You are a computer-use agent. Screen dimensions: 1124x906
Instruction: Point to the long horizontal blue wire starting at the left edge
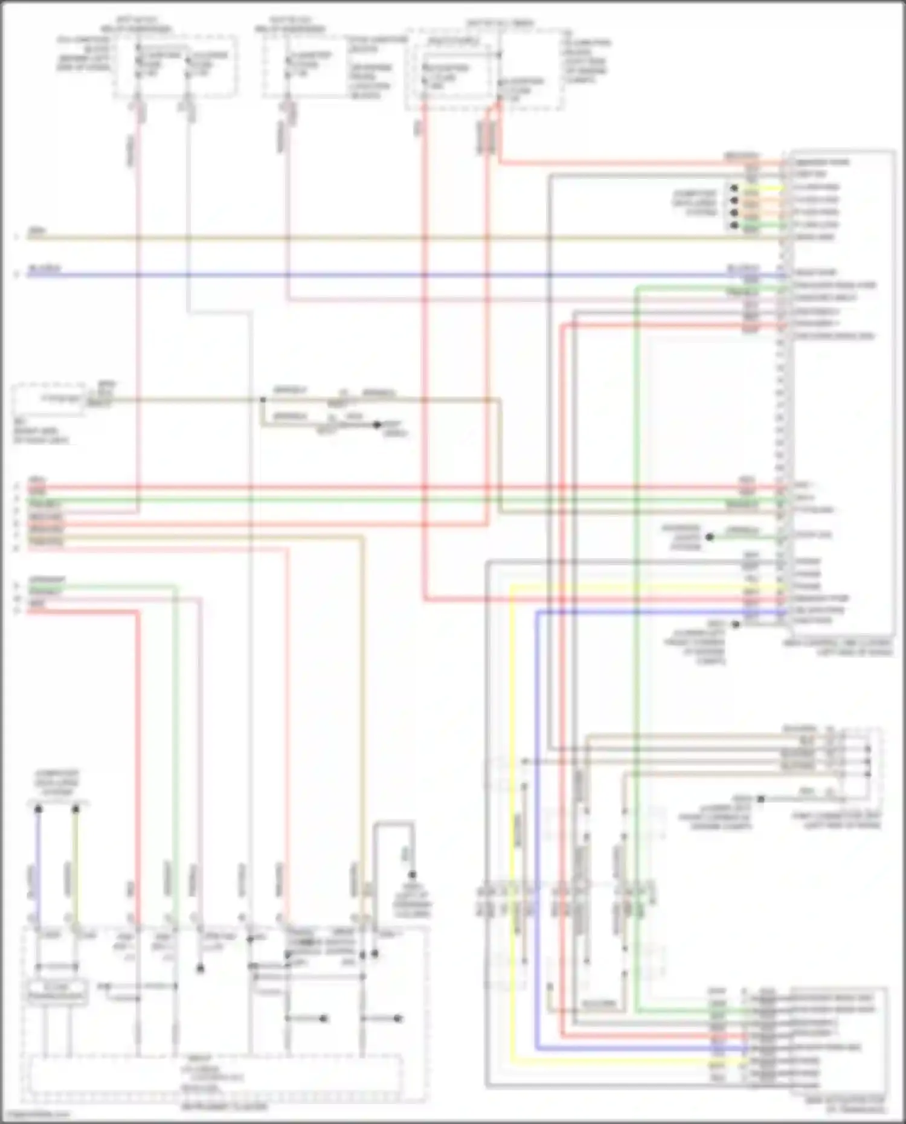point(362,275)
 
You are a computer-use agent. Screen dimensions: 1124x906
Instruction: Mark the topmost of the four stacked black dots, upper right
point(734,188)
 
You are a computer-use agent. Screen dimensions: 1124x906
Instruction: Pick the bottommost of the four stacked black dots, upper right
point(734,225)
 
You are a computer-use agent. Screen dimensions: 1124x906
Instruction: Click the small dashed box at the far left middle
point(48,399)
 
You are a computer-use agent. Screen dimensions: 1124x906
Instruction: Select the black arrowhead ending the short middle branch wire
point(377,425)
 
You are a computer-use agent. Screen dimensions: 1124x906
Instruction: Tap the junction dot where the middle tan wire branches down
point(263,400)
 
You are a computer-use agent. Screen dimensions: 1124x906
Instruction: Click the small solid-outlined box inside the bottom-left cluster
point(56,992)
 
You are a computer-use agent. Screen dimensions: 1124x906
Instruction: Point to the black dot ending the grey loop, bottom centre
point(413,875)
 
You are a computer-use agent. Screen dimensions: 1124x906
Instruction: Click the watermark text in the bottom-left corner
point(36,1114)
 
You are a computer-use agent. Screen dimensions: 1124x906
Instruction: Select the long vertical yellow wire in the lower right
point(511,846)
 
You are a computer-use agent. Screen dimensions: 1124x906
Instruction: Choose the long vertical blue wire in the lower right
point(537,846)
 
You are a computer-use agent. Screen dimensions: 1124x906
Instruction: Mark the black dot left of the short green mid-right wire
point(710,536)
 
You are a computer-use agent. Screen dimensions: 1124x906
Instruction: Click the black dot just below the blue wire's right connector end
point(736,624)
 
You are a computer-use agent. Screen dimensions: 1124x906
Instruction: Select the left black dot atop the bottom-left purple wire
point(38,808)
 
